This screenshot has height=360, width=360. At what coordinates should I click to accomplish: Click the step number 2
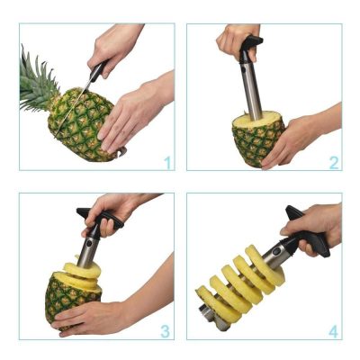coord(333,163)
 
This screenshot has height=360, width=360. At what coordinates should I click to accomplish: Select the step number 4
coord(333,330)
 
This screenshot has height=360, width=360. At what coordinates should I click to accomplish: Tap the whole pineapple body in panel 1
coord(81,126)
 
